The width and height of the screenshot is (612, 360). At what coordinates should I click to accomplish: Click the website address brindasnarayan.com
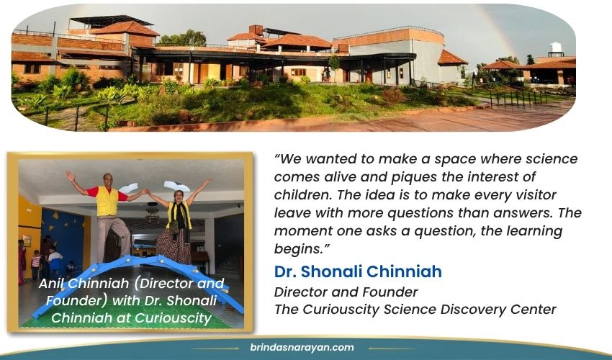pos(302,348)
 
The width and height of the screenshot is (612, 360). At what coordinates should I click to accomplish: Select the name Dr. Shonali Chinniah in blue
pos(358,271)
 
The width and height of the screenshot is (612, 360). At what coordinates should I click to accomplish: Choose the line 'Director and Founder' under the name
pos(346,292)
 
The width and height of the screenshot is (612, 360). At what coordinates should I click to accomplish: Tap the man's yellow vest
pos(107,201)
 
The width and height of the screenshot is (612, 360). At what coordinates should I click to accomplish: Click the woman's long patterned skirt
pos(174,246)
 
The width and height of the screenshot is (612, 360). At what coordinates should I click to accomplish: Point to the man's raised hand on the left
pos(71,176)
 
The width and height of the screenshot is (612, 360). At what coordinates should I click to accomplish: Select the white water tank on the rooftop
pos(556,48)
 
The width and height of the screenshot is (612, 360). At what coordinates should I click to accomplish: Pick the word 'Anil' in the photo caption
pos(52,283)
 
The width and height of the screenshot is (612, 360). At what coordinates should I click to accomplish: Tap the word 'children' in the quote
pos(303,195)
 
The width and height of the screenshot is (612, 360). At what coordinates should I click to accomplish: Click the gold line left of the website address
pos(215,348)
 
